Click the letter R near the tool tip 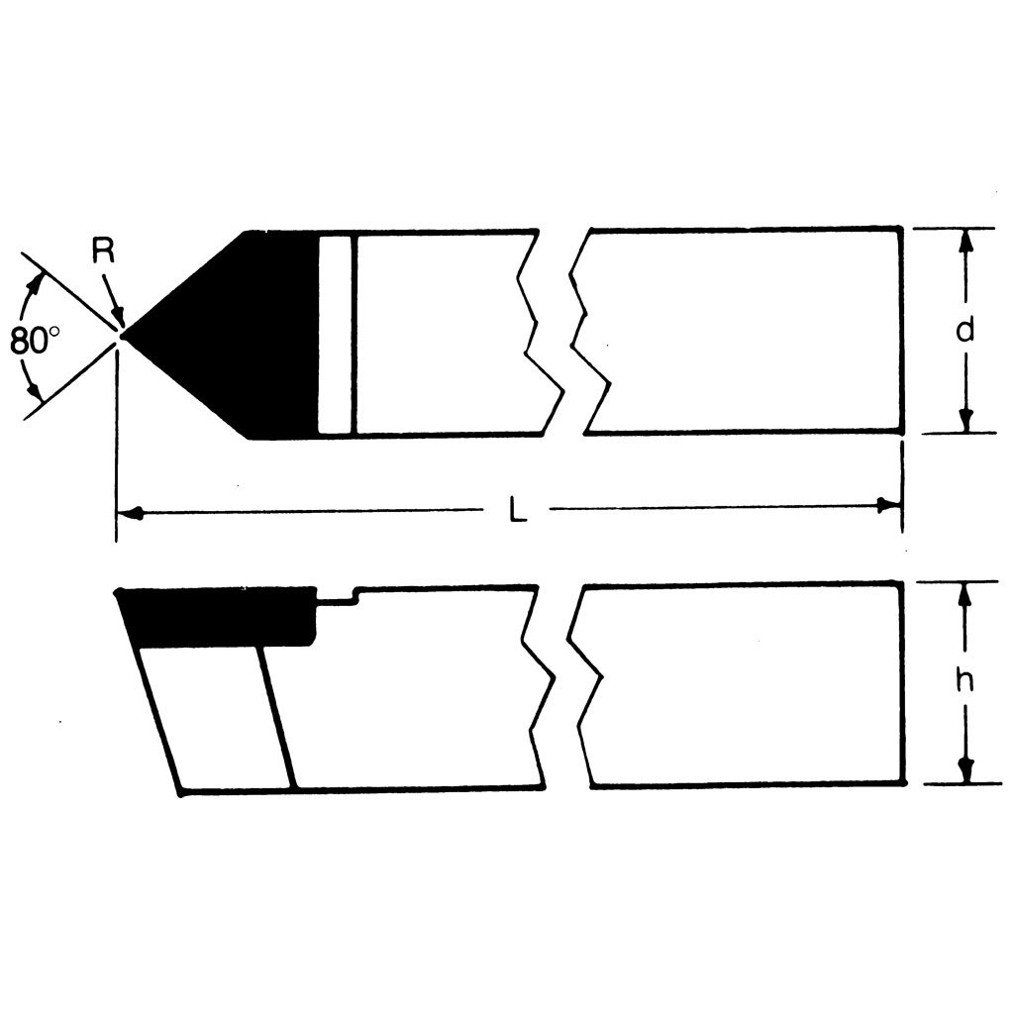(x=104, y=252)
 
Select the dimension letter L (x=517, y=510)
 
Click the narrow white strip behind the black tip (x=336, y=335)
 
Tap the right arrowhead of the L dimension (x=889, y=506)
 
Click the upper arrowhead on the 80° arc (x=39, y=284)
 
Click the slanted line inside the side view (x=276, y=717)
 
